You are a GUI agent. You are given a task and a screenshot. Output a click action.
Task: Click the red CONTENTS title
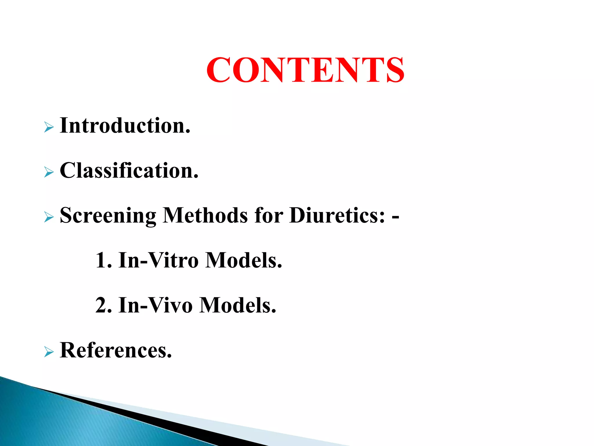click(x=305, y=70)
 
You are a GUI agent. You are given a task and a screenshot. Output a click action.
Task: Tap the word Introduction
click(x=125, y=125)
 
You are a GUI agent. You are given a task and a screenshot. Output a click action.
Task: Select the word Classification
click(x=129, y=170)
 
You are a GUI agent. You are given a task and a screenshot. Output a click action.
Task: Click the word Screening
click(x=108, y=216)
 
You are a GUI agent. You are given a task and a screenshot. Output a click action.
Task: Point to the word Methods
click(x=205, y=215)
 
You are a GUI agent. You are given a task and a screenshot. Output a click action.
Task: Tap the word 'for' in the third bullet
click(x=269, y=215)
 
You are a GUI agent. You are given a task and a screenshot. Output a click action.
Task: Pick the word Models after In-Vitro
click(x=244, y=260)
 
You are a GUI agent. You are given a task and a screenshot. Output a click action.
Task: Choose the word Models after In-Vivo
click(x=238, y=305)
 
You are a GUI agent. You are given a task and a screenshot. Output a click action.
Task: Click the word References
click(x=115, y=350)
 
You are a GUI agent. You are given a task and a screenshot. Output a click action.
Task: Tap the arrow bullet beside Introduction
click(x=49, y=127)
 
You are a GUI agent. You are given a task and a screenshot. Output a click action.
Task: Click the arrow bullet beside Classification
click(x=49, y=172)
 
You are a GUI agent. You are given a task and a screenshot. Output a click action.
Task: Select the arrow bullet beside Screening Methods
click(x=49, y=217)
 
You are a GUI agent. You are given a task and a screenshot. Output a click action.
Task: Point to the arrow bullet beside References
click(x=49, y=352)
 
